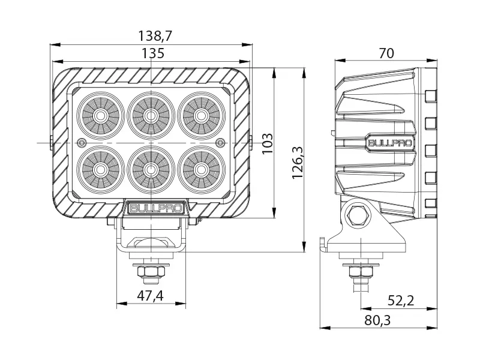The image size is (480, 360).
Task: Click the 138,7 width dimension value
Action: pyautogui.click(x=151, y=37)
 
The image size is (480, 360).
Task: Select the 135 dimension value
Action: pyautogui.click(x=151, y=53)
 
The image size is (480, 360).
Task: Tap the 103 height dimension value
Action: pyautogui.click(x=268, y=143)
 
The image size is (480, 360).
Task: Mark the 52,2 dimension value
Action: pyautogui.click(x=400, y=301)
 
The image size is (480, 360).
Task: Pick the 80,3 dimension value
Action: pyautogui.click(x=377, y=320)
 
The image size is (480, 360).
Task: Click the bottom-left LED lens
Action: pyautogui.click(x=101, y=169)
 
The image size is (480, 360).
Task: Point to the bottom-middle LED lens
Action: pyautogui.click(x=151, y=169)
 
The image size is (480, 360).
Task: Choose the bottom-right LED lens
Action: pyautogui.click(x=200, y=169)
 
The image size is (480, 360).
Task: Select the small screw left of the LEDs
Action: pyautogui.click(x=81, y=142)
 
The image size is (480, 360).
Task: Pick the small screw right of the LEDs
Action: pyautogui.click(x=220, y=142)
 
